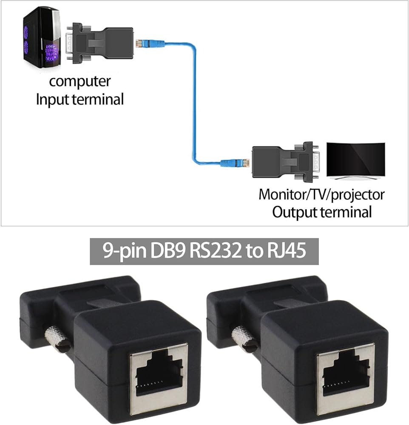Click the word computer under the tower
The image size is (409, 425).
click(x=80, y=81)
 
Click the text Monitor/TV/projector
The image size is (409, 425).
click(x=321, y=195)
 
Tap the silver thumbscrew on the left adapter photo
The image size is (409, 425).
click(x=57, y=339)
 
